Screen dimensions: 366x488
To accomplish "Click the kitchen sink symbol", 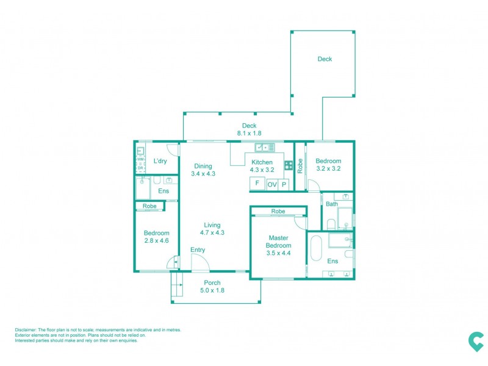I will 265,147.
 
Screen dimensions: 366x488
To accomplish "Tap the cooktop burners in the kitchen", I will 288,163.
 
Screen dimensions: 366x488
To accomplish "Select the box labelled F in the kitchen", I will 257,183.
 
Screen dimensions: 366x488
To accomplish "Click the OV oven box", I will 272,184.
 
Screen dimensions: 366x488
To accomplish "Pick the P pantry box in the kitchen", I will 284,184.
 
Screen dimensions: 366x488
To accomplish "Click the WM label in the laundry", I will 140,159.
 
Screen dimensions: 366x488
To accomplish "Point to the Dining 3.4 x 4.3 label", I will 203,170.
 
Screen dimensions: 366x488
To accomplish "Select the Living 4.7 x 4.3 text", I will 212,229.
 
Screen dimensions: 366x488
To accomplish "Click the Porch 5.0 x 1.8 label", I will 212,286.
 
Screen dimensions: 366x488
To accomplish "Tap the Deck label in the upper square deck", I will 325,59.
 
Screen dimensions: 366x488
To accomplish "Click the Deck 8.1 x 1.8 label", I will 249,129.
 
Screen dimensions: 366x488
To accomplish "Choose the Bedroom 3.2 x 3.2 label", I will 328,165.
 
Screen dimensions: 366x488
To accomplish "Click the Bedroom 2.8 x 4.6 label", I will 156,237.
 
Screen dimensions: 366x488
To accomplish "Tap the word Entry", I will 198,250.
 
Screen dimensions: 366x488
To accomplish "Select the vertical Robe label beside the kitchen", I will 300,166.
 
